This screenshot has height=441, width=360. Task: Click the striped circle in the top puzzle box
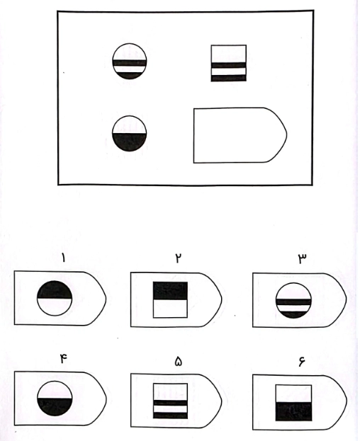tap(130, 61)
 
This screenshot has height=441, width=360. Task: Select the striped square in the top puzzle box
tap(229, 63)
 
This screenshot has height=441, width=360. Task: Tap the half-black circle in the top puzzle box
tap(130, 133)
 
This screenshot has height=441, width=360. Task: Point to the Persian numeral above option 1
tap(63, 258)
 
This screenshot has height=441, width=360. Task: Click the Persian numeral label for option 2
tap(178, 258)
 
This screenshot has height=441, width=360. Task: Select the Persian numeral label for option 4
tap(63, 359)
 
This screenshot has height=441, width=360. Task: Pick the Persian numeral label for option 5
tap(178, 362)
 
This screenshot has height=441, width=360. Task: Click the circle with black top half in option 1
tap(55, 298)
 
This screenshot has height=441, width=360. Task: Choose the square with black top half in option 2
tap(170, 300)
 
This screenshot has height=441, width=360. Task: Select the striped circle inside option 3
tap(293, 300)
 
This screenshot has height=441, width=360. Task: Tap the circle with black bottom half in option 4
tap(55, 399)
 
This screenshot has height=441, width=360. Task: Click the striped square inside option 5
tap(171, 401)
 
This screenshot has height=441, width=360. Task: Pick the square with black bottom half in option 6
tap(293, 403)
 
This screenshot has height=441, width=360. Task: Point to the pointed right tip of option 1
tap(106, 299)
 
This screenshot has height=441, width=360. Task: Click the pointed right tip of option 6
tap(347, 401)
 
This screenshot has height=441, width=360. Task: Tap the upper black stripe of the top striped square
tap(229, 65)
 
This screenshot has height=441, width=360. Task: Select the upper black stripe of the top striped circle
tap(130, 63)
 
